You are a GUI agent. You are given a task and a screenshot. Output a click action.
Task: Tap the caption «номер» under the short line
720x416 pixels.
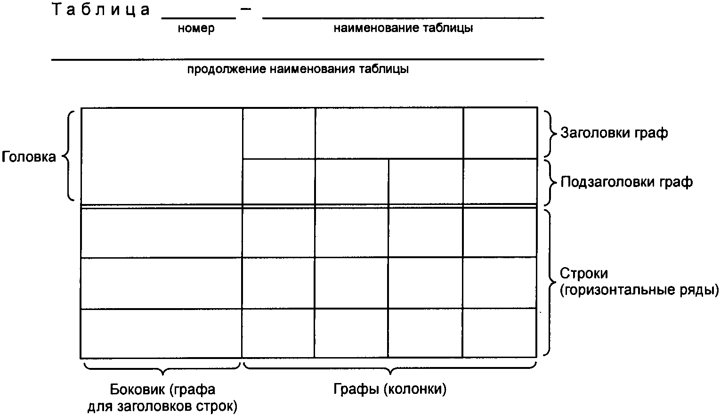[196, 28]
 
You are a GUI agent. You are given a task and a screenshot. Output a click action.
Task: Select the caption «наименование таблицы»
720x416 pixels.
[403, 28]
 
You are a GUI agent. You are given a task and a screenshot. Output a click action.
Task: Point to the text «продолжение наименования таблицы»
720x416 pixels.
[298, 70]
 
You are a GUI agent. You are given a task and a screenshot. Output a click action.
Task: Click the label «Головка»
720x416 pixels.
[29, 157]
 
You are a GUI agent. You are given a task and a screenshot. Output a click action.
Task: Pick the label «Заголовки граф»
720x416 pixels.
[614, 133]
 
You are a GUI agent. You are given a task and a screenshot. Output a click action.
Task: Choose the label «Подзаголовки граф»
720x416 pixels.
[626, 182]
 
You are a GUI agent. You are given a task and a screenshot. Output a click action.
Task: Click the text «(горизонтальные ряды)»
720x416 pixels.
[639, 290]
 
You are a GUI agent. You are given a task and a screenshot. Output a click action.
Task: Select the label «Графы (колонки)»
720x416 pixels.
[390, 390]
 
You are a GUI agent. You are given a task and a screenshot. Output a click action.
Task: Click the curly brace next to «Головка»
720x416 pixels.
[69, 156]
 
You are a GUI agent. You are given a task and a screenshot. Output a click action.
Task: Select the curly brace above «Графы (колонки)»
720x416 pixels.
[389, 367]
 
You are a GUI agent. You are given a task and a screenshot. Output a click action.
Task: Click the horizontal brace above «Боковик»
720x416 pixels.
[162, 367]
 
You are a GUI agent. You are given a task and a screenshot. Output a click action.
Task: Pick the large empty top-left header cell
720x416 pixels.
[162, 156]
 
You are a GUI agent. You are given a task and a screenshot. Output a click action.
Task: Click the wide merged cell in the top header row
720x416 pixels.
[389, 133]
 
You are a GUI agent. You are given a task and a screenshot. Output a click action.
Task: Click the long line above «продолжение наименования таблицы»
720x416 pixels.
[298, 60]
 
